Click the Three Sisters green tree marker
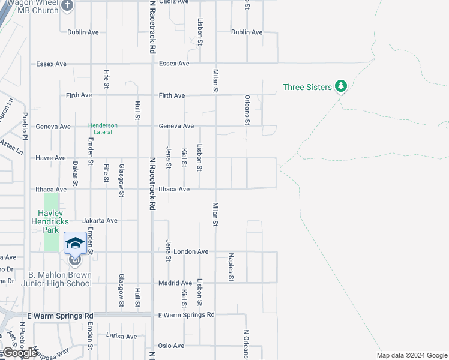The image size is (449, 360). [341, 87]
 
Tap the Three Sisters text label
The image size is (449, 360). [307, 87]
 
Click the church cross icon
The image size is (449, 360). [67, 6]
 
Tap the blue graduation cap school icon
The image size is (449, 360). [75, 243]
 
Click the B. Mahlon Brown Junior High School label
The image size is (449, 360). [56, 279]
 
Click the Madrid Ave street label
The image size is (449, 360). [175, 283]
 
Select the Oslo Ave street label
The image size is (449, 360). [170, 346]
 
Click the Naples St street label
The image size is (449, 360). [231, 267]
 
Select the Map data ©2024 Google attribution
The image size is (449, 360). [412, 355]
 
